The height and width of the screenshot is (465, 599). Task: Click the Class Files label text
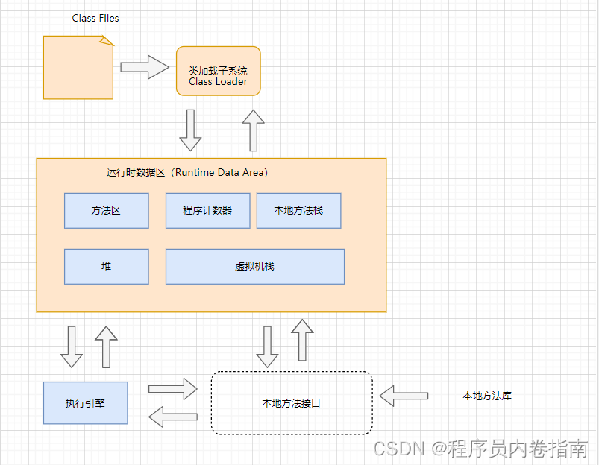click(x=95, y=18)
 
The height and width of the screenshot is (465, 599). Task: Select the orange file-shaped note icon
click(x=78, y=68)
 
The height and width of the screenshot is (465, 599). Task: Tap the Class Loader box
click(x=218, y=71)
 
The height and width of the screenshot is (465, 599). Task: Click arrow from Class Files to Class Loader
click(x=145, y=67)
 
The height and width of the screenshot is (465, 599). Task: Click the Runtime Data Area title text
click(x=187, y=172)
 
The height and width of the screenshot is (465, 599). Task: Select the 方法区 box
click(x=106, y=211)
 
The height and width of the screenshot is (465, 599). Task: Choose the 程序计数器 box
click(x=207, y=211)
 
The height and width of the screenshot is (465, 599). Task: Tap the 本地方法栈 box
click(x=298, y=211)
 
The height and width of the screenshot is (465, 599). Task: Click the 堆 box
click(x=106, y=266)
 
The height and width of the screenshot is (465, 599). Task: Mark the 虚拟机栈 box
click(x=254, y=266)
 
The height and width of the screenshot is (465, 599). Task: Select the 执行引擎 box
click(x=85, y=403)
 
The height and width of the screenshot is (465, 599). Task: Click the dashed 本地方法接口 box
click(x=291, y=403)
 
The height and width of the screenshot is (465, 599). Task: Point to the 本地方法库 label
click(x=486, y=396)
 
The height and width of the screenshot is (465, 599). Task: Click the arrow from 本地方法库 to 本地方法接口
click(x=404, y=395)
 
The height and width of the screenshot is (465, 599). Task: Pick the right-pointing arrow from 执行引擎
click(x=172, y=388)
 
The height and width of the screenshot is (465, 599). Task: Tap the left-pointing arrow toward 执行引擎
click(x=172, y=417)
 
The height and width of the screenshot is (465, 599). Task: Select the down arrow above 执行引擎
click(x=72, y=347)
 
